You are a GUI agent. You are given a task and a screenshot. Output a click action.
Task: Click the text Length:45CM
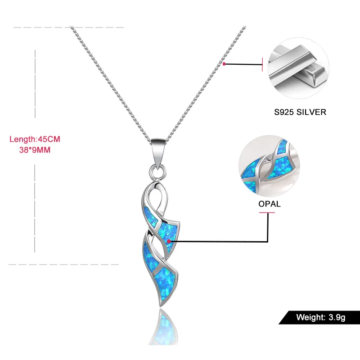pyautogui.click(x=35, y=139)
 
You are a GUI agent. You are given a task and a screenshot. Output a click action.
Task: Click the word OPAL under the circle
pyautogui.click(x=270, y=204)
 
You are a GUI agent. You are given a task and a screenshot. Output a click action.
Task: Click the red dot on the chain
pyautogui.click(x=224, y=64)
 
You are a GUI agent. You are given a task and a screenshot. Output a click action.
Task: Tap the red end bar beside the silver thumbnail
pyautogui.click(x=262, y=64)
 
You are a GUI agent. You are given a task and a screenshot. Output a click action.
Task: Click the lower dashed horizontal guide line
pyautogui.click(x=63, y=264)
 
